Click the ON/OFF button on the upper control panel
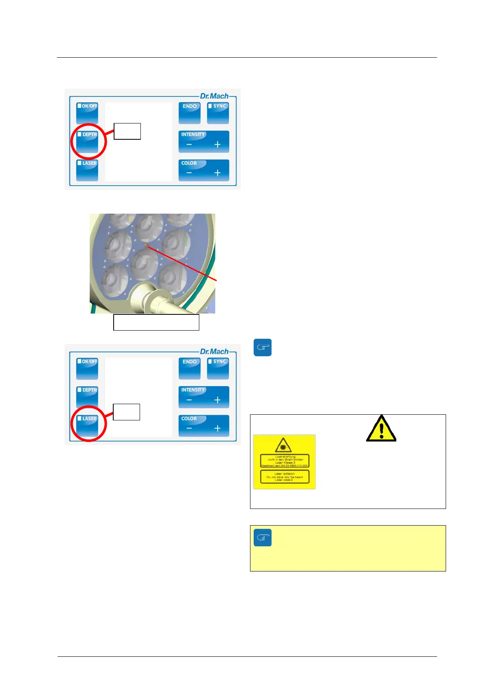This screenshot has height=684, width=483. [87, 113]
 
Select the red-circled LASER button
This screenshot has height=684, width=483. [87, 425]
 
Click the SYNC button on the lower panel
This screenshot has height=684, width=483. [218, 368]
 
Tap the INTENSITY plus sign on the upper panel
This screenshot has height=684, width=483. [217, 145]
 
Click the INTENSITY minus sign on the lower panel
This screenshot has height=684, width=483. [189, 400]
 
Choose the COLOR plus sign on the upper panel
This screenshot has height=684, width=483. [217, 173]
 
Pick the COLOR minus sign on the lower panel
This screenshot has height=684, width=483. [189, 429]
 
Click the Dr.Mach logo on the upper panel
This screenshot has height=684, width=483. [214, 96]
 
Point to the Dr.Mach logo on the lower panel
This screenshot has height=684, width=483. [214, 352]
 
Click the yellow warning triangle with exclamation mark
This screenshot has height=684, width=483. [381, 429]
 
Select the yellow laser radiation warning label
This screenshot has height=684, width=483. [284, 461]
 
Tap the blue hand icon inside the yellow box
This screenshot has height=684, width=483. [263, 538]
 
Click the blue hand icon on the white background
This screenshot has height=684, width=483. [263, 348]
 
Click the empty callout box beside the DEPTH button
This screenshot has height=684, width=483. [127, 131]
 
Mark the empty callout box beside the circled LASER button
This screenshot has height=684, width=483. [126, 412]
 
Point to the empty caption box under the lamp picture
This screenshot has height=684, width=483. [156, 322]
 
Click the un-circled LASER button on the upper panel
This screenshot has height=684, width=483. [87, 170]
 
